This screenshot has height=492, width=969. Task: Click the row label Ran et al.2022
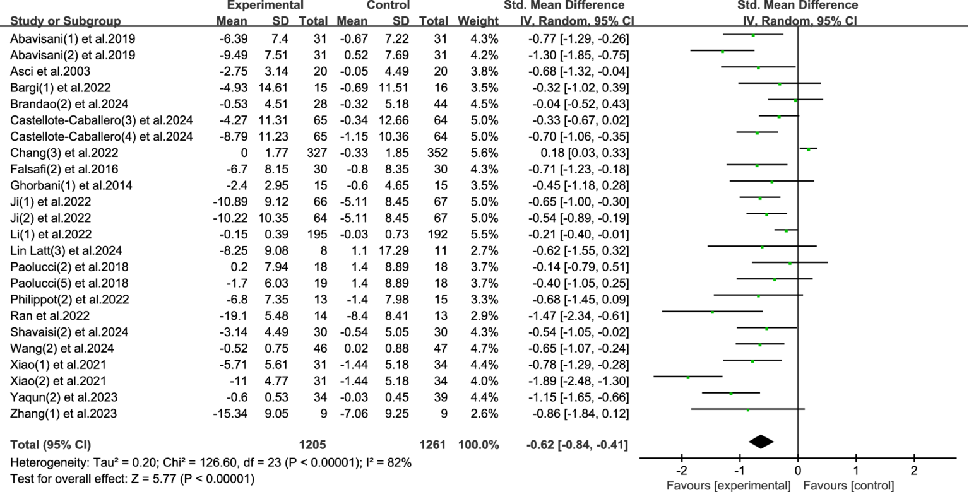click(50, 315)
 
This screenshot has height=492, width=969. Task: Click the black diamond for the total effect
click(761, 442)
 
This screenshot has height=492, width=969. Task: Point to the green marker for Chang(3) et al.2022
click(809, 149)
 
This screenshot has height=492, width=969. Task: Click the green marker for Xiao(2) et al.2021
click(688, 377)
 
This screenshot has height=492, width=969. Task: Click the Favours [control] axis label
click(848, 486)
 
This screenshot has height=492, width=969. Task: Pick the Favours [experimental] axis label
click(728, 486)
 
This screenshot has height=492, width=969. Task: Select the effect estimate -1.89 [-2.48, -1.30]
click(576, 381)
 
